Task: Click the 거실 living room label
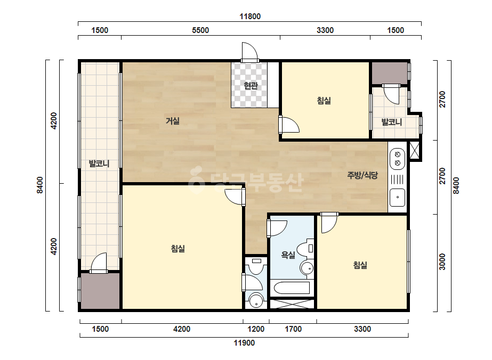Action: pyautogui.click(x=173, y=121)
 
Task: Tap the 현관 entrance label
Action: pyautogui.click(x=251, y=85)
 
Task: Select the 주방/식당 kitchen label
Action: pyautogui.click(x=362, y=175)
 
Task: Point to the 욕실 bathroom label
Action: pyautogui.click(x=288, y=255)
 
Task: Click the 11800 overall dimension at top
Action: pyautogui.click(x=250, y=17)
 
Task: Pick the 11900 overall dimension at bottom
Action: pyautogui.click(x=244, y=343)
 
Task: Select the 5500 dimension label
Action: pyautogui.click(x=200, y=30)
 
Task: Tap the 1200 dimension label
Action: pyautogui.click(x=256, y=329)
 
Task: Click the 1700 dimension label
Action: pyautogui.click(x=293, y=329)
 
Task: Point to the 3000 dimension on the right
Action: pyautogui.click(x=442, y=261)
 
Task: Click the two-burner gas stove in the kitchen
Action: pyautogui.click(x=397, y=159)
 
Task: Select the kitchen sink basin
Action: pyautogui.click(x=397, y=198)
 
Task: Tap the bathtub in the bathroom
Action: pyautogui.click(x=292, y=288)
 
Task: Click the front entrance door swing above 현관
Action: pyautogui.click(x=249, y=51)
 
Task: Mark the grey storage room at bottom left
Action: pyautogui.click(x=100, y=291)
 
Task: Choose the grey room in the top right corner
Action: pyautogui.click(x=390, y=73)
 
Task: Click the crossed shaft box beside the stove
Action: pyautogui.click(x=414, y=151)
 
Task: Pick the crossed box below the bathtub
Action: pyautogui.click(x=292, y=304)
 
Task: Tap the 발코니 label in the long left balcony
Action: pyautogui.click(x=99, y=163)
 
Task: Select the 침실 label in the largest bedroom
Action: pyautogui.click(x=178, y=249)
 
